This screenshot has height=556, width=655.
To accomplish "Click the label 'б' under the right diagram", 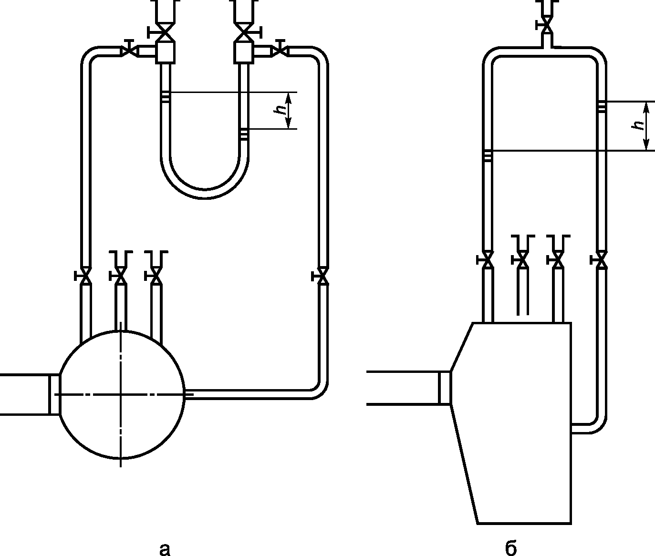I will tap(510, 549).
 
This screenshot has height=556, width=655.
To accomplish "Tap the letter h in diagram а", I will tap(281, 110).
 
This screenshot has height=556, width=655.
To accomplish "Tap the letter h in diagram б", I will tap(637, 125).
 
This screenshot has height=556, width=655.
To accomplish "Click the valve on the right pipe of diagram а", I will tap(323, 276).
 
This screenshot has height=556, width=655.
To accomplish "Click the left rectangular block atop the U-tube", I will tap(165, 51).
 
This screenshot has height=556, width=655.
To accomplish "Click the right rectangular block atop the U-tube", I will tap(244, 51).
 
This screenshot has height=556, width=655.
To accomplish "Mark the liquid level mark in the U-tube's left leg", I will tap(165, 97).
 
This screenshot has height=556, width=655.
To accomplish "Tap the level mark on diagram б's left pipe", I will tap(487, 156).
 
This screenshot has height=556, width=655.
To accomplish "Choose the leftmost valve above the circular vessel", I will tap(85, 276).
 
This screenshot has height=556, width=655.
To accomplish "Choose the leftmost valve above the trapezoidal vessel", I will tap(487, 260).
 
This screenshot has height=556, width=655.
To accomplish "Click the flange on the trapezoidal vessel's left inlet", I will tap(445, 388).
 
